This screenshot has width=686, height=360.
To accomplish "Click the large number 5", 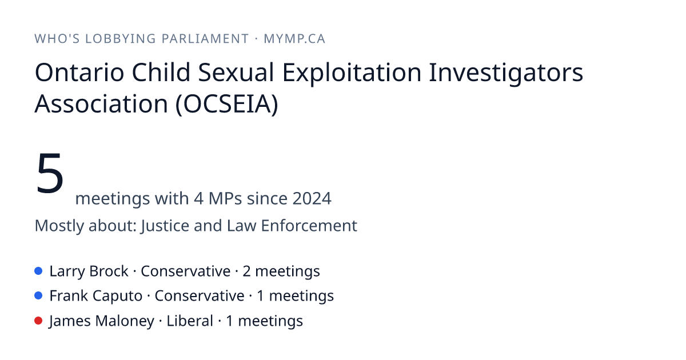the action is (50, 173).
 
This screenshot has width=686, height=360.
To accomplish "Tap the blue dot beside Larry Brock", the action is (38, 271).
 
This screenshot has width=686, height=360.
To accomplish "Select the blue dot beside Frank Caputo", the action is (38, 296).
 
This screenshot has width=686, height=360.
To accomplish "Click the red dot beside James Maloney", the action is (38, 321).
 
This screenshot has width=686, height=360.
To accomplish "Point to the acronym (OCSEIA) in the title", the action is (226, 104).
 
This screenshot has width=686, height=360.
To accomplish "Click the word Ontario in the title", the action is (79, 73).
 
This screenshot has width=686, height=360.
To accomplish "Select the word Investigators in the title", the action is (506, 74).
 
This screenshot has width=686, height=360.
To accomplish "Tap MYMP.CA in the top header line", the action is (294, 39).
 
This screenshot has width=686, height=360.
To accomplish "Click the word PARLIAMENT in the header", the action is (205, 39).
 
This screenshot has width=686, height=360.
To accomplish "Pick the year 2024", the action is (312, 198).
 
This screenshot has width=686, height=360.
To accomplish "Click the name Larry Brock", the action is (89, 271).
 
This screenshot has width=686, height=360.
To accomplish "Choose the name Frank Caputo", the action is (96, 297).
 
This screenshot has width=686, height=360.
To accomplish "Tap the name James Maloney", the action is (102, 321).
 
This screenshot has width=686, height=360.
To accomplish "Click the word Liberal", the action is (190, 321).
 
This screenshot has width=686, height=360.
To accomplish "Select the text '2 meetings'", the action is (281, 271).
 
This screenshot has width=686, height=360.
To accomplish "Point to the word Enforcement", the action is (309, 226).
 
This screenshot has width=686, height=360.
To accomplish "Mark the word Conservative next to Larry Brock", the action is (186, 271).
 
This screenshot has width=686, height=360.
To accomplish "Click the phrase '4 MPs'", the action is (218, 198).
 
